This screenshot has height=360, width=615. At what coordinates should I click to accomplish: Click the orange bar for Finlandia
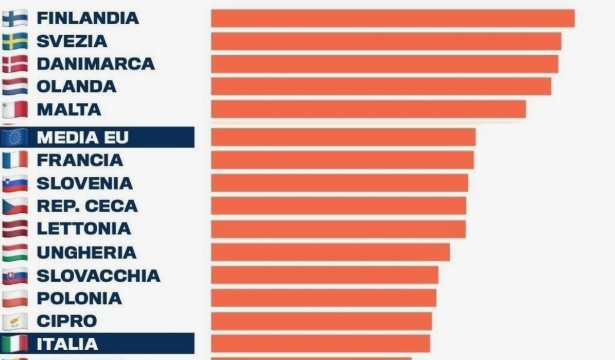click(393, 19)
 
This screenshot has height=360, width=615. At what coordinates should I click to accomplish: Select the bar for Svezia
click(386, 41)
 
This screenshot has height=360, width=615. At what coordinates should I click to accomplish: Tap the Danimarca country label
click(95, 64)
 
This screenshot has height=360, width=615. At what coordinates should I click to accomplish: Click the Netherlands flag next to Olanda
click(15, 87)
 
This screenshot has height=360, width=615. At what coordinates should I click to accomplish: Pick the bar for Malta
click(368, 109)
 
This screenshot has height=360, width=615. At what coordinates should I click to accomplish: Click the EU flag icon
click(15, 138)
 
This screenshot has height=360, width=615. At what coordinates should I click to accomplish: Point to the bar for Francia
click(342, 160)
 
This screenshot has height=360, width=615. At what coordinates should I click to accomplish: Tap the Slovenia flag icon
click(15, 183)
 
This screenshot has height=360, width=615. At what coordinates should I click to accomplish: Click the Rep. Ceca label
click(87, 206)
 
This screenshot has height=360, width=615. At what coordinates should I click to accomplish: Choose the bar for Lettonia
click(338, 229)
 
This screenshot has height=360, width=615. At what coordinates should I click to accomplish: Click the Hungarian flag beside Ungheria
click(15, 252)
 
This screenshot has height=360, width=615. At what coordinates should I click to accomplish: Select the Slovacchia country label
click(98, 276)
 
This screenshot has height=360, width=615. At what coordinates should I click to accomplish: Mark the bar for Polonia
click(324, 298)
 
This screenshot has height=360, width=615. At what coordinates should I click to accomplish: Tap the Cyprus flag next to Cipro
click(15, 321)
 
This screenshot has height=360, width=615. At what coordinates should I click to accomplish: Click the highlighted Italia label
click(67, 344)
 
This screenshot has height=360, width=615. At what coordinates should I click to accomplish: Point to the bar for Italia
click(321, 344)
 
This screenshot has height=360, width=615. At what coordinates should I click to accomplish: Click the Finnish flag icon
click(15, 19)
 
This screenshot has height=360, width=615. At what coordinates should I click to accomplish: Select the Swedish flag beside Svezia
click(15, 41)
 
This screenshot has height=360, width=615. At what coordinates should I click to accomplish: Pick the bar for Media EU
click(343, 138)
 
